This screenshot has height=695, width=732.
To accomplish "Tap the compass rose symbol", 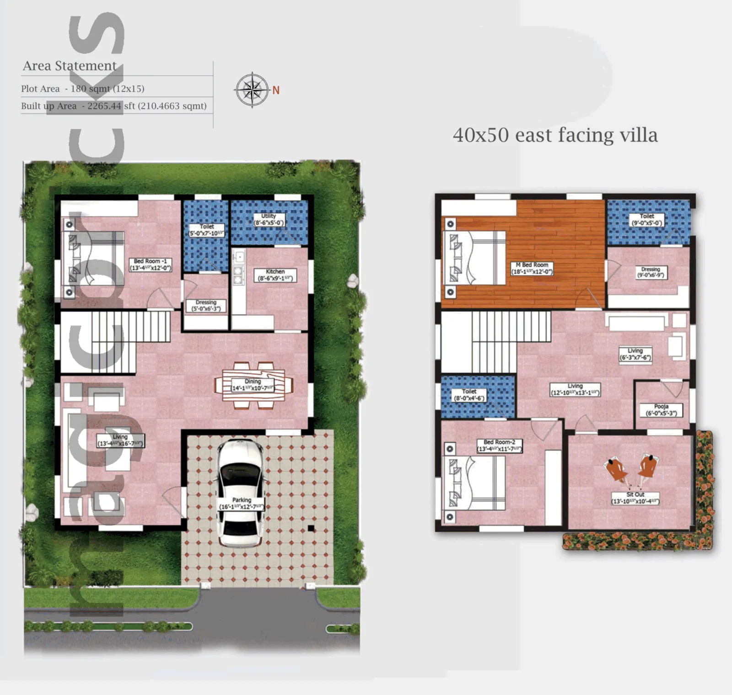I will pyautogui.click(x=252, y=90).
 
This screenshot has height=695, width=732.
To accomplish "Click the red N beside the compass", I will pyautogui.click(x=276, y=90).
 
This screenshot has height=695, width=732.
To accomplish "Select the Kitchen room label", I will pyautogui.click(x=275, y=275).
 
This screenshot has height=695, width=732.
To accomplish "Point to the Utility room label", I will pyautogui.click(x=269, y=219).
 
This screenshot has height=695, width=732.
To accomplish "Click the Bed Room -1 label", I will pyautogui.click(x=151, y=265).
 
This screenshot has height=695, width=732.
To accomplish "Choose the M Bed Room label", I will pyautogui.click(x=532, y=268).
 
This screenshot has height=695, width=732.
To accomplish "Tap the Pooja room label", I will pyautogui.click(x=661, y=410).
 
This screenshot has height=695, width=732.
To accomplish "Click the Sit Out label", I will pyautogui.click(x=635, y=498).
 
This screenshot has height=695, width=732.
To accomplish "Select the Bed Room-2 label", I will pyautogui.click(x=500, y=446).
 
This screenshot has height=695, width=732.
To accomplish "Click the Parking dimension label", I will pyautogui.click(x=242, y=504).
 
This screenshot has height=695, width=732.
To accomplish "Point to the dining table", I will pyautogui.click(x=253, y=385).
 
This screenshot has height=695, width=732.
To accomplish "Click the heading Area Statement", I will pyautogui.click(x=70, y=66).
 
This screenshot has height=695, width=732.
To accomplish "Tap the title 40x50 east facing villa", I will pyautogui.click(x=555, y=135).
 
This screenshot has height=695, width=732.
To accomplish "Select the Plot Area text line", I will pyautogui.click(x=82, y=89).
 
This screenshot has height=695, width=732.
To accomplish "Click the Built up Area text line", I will pyautogui.click(x=113, y=106).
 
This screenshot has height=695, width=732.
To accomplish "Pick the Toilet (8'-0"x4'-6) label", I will pyautogui.click(x=469, y=395).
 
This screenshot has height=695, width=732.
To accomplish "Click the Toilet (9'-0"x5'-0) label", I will pyautogui.click(x=647, y=220).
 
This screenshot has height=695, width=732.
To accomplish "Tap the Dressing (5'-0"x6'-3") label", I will pyautogui.click(x=206, y=306).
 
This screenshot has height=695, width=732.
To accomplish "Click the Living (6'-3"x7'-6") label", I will pyautogui.click(x=635, y=354).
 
